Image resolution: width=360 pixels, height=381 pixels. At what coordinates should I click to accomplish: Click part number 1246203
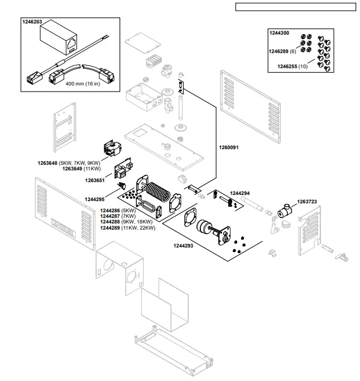click(x=32, y=22)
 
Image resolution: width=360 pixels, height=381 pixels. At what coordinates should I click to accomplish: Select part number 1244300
click(x=279, y=33)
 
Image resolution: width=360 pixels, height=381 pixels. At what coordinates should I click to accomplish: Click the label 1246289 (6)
click(x=284, y=50)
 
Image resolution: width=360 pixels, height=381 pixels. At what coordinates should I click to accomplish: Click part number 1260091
click(x=228, y=147)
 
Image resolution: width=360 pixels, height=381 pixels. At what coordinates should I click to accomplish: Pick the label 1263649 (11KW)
click(x=81, y=169)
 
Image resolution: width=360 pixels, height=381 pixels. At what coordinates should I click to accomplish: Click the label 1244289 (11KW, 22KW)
click(x=127, y=228)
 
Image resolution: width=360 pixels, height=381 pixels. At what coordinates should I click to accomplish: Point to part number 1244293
click(x=184, y=245)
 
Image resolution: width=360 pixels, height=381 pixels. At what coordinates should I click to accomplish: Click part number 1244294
click(x=240, y=193)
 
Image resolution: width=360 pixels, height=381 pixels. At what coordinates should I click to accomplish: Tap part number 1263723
click(x=307, y=202)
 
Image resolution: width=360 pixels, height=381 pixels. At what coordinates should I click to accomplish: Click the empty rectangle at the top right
click(x=295, y=7)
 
